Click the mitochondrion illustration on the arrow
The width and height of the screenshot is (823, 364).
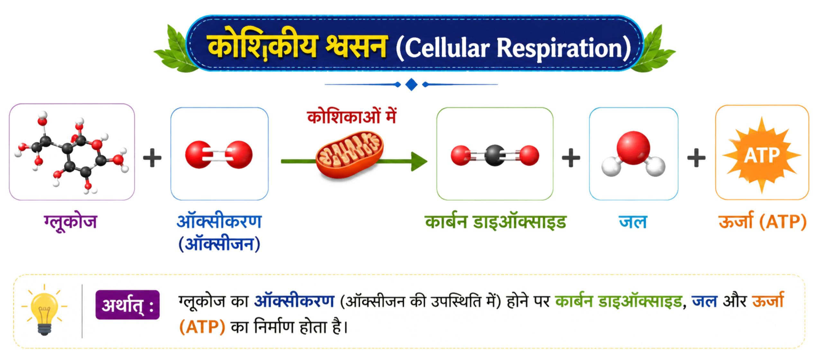tap(349, 154)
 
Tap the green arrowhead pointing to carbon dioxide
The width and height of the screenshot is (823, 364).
tap(419, 161)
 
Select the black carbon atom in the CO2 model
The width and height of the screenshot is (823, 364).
tap(495, 156)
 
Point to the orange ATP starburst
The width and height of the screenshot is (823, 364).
tap(762, 155)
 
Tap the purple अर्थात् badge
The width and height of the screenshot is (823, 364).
tap(127, 305)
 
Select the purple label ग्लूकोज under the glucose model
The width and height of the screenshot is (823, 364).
tap(70, 222)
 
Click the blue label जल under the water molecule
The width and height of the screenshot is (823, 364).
tap(633, 222)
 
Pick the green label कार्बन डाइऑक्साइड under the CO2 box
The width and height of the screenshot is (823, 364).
tap(495, 222)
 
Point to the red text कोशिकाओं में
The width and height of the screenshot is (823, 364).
tap(352, 116)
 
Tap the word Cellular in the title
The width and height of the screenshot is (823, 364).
tap(447, 48)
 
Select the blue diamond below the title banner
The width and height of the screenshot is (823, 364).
tap(411, 85)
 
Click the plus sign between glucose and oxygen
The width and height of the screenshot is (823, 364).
tap(152, 158)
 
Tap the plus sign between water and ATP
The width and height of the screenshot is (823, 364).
tap(696, 158)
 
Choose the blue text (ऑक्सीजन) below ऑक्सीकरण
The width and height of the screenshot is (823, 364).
tap(219, 244)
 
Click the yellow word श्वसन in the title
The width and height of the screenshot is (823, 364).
tap(356, 47)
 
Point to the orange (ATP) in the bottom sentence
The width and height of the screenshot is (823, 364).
tap(202, 327)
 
